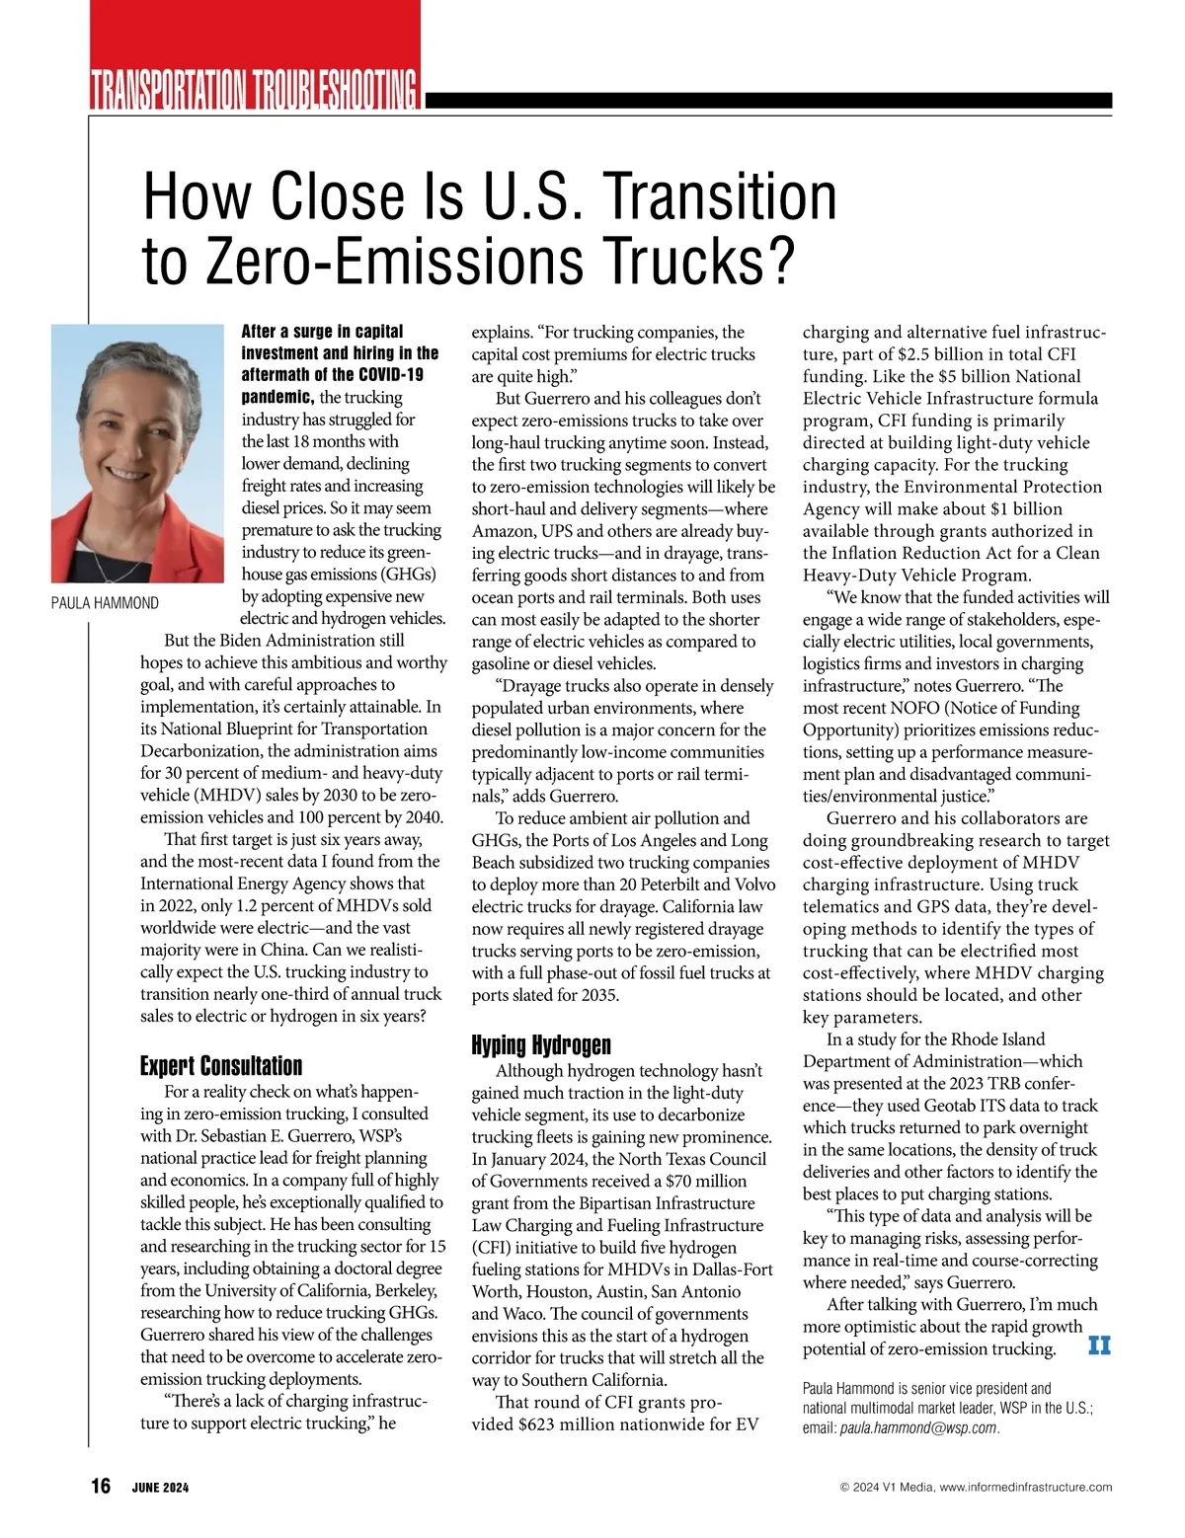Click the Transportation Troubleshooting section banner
pos(254,90)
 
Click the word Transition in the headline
pos(721,195)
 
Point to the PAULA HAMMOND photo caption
pos(105,603)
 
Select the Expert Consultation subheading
pos(221,1066)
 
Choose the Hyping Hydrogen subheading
pos(541,1045)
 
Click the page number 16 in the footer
pos(101,1487)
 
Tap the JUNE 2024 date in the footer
pos(160,1488)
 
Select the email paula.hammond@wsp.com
pos(917,1427)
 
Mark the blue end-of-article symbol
pos(1099,1346)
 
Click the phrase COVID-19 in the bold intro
pos(390,375)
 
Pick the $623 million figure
pos(558,1423)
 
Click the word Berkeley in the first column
pos(402,1290)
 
